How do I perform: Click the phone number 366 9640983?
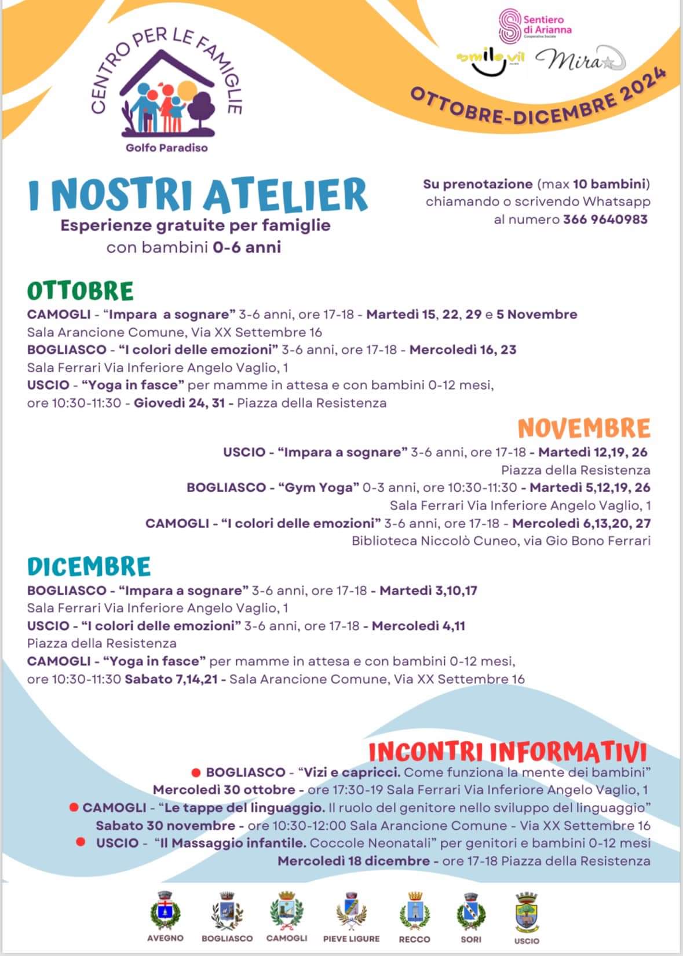(x=605, y=219)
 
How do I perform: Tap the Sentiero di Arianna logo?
(x=534, y=26)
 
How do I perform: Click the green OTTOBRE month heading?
(x=80, y=291)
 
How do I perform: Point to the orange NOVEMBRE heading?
(x=584, y=428)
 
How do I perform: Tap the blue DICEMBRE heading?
(x=89, y=566)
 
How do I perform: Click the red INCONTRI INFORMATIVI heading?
(x=507, y=752)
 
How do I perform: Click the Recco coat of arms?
(x=414, y=910)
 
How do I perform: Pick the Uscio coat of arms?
(x=527, y=910)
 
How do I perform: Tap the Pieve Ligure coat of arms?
(x=351, y=910)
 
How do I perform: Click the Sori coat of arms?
(x=471, y=910)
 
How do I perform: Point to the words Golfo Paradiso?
(x=166, y=148)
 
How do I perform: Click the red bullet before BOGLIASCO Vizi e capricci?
(x=196, y=772)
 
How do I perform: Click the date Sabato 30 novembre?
(x=165, y=826)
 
